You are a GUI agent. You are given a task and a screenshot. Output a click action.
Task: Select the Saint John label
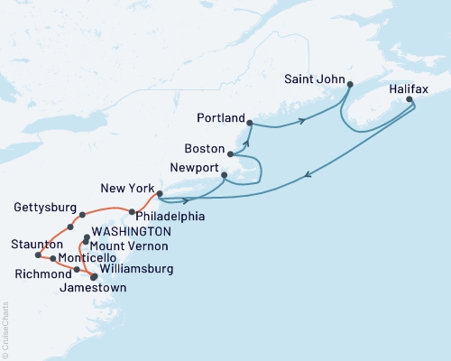point(314,79)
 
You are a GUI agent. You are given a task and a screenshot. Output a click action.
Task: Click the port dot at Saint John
point(349,85)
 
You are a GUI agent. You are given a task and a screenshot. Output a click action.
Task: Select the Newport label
point(193,167)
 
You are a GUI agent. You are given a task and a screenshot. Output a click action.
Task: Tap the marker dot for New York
point(160,193)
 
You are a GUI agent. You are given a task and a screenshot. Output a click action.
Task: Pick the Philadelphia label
point(171,217)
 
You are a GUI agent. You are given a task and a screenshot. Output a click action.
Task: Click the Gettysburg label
point(44,207)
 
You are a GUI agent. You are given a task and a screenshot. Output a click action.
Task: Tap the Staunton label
point(31,245)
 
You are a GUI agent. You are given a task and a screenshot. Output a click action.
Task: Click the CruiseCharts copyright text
point(5,329)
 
